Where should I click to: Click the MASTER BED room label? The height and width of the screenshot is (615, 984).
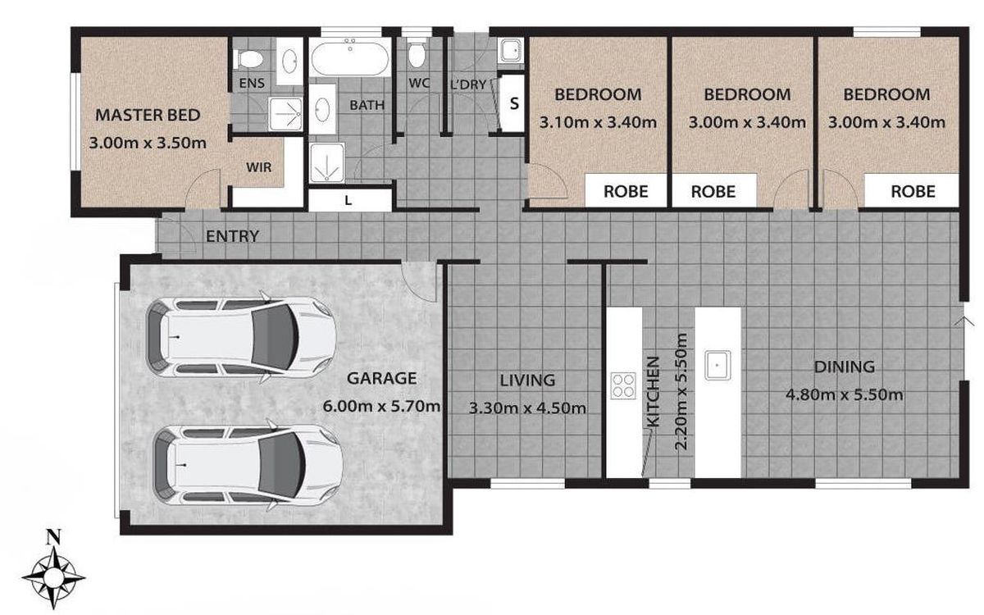[x=148, y=115]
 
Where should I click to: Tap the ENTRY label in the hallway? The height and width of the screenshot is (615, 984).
[x=232, y=236]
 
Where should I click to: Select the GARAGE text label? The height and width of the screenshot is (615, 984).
[x=382, y=378]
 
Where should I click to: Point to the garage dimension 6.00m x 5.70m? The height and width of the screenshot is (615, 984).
[x=381, y=406]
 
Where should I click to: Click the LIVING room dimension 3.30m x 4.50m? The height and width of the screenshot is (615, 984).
[x=527, y=408]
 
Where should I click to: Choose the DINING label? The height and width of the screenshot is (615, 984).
[x=845, y=367]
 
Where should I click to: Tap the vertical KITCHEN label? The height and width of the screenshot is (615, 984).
[x=654, y=391]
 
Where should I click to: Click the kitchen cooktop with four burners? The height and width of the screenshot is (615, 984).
[x=623, y=385]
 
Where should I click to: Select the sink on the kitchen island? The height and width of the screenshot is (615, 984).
[x=717, y=365]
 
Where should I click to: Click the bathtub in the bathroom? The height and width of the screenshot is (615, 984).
[x=350, y=57]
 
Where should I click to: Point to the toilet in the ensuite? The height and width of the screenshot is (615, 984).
[x=248, y=58]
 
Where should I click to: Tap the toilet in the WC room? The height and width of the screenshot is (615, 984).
[x=416, y=52]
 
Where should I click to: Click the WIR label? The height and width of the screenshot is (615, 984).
[x=259, y=167]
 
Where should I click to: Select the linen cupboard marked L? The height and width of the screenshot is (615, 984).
[x=349, y=200]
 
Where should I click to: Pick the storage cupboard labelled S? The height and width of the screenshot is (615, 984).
[x=512, y=103]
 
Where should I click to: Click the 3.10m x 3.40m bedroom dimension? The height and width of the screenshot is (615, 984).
[x=598, y=122]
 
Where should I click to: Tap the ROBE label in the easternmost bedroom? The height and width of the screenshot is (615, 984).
[x=913, y=192]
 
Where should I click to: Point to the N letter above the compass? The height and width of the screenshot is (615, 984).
[x=53, y=537]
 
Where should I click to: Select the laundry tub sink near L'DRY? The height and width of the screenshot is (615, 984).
[x=511, y=51]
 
